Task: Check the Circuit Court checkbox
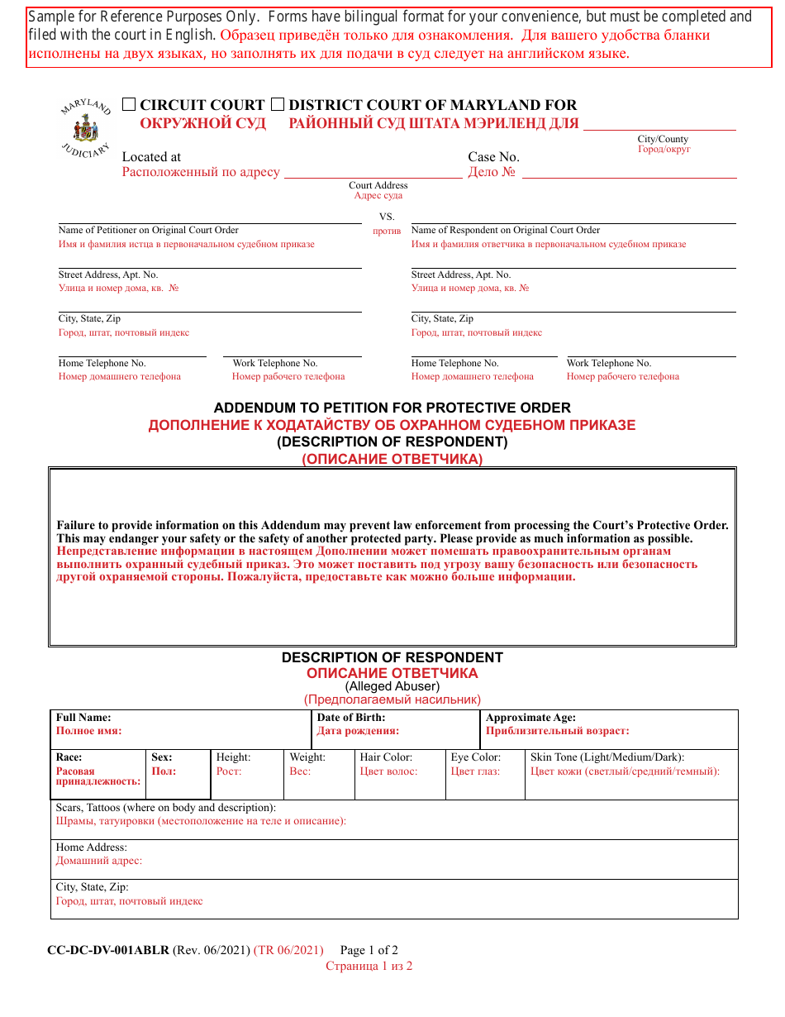coord(129,104)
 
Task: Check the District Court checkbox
coord(278,104)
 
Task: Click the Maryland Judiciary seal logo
coord(86,129)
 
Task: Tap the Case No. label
coord(493,157)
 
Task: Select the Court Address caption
coord(378,185)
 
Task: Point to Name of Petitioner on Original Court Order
coord(148,230)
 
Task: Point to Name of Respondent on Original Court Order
coord(506,230)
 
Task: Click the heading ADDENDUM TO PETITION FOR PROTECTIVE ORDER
coord(392,408)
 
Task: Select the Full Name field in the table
coord(180,729)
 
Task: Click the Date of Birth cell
coord(395,729)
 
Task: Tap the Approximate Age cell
coord(608,729)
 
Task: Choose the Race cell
coord(98,774)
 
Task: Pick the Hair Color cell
coord(399,774)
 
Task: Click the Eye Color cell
coord(484,774)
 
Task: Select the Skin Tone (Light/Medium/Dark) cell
coord(630,774)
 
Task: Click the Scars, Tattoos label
coord(165,808)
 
